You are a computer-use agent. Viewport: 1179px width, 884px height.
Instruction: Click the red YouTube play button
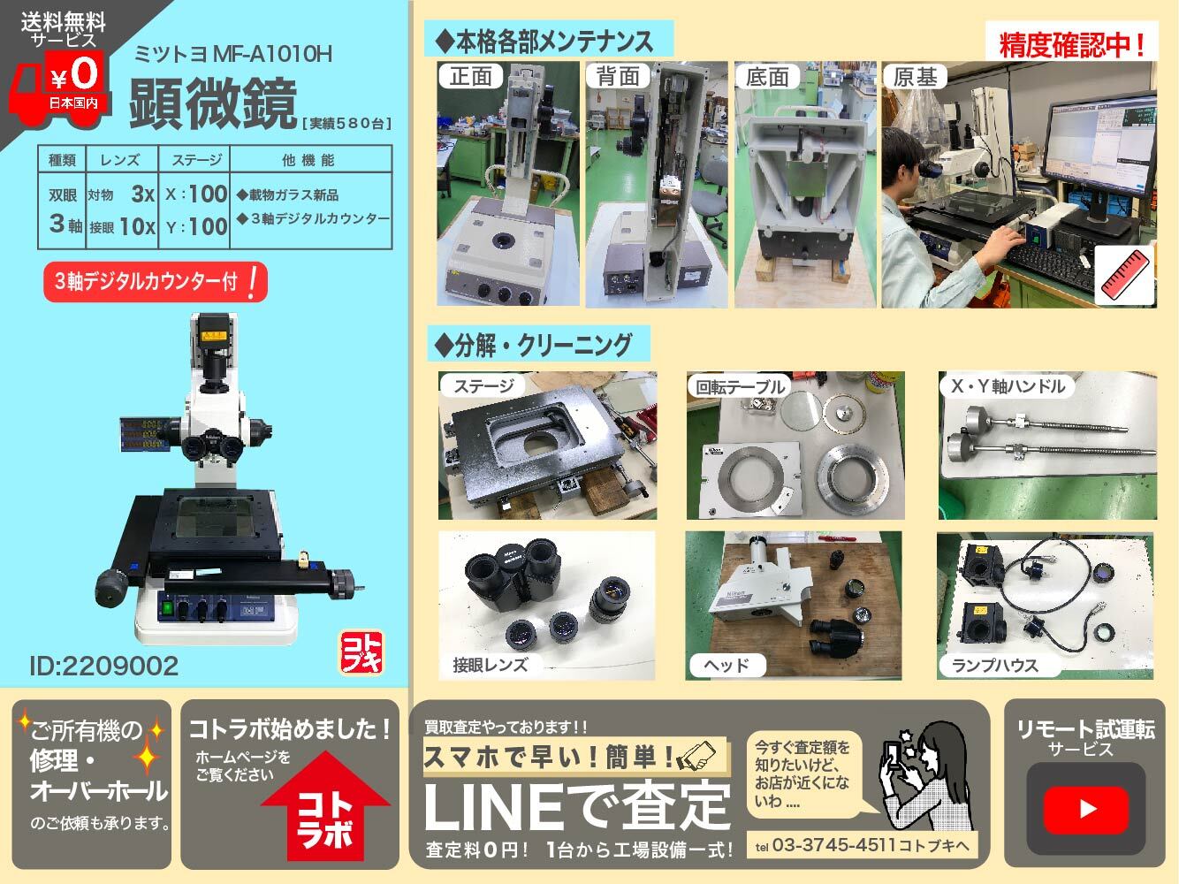tap(1085, 809)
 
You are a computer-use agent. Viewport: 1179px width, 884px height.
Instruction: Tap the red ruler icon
tap(1124, 276)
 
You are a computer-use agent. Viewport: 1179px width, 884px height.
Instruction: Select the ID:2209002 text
tap(103, 666)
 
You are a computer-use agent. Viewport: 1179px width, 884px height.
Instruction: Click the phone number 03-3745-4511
tap(833, 845)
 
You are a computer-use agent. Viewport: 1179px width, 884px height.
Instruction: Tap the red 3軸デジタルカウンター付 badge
tap(156, 281)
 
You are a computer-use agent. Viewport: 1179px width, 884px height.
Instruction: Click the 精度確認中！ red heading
tap(1071, 44)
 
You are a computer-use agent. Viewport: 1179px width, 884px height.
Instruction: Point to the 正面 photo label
tap(470, 76)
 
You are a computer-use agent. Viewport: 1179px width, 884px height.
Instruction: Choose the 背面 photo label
tap(619, 76)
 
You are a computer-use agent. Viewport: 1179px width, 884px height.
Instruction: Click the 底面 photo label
tap(767, 77)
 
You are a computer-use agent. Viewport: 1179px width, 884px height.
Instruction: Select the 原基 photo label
tap(915, 77)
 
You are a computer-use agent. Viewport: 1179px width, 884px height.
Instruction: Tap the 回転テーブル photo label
tap(740, 386)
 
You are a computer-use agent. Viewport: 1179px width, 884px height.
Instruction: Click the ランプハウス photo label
tap(995, 666)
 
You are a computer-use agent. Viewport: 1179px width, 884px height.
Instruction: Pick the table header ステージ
tap(196, 159)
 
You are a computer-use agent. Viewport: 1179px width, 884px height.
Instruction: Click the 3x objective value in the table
tap(143, 194)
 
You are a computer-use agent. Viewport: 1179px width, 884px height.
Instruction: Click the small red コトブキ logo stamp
tap(361, 652)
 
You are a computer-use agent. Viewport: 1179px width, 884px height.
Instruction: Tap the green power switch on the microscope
tap(168, 608)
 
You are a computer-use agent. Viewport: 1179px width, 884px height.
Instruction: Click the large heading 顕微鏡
tap(213, 103)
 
